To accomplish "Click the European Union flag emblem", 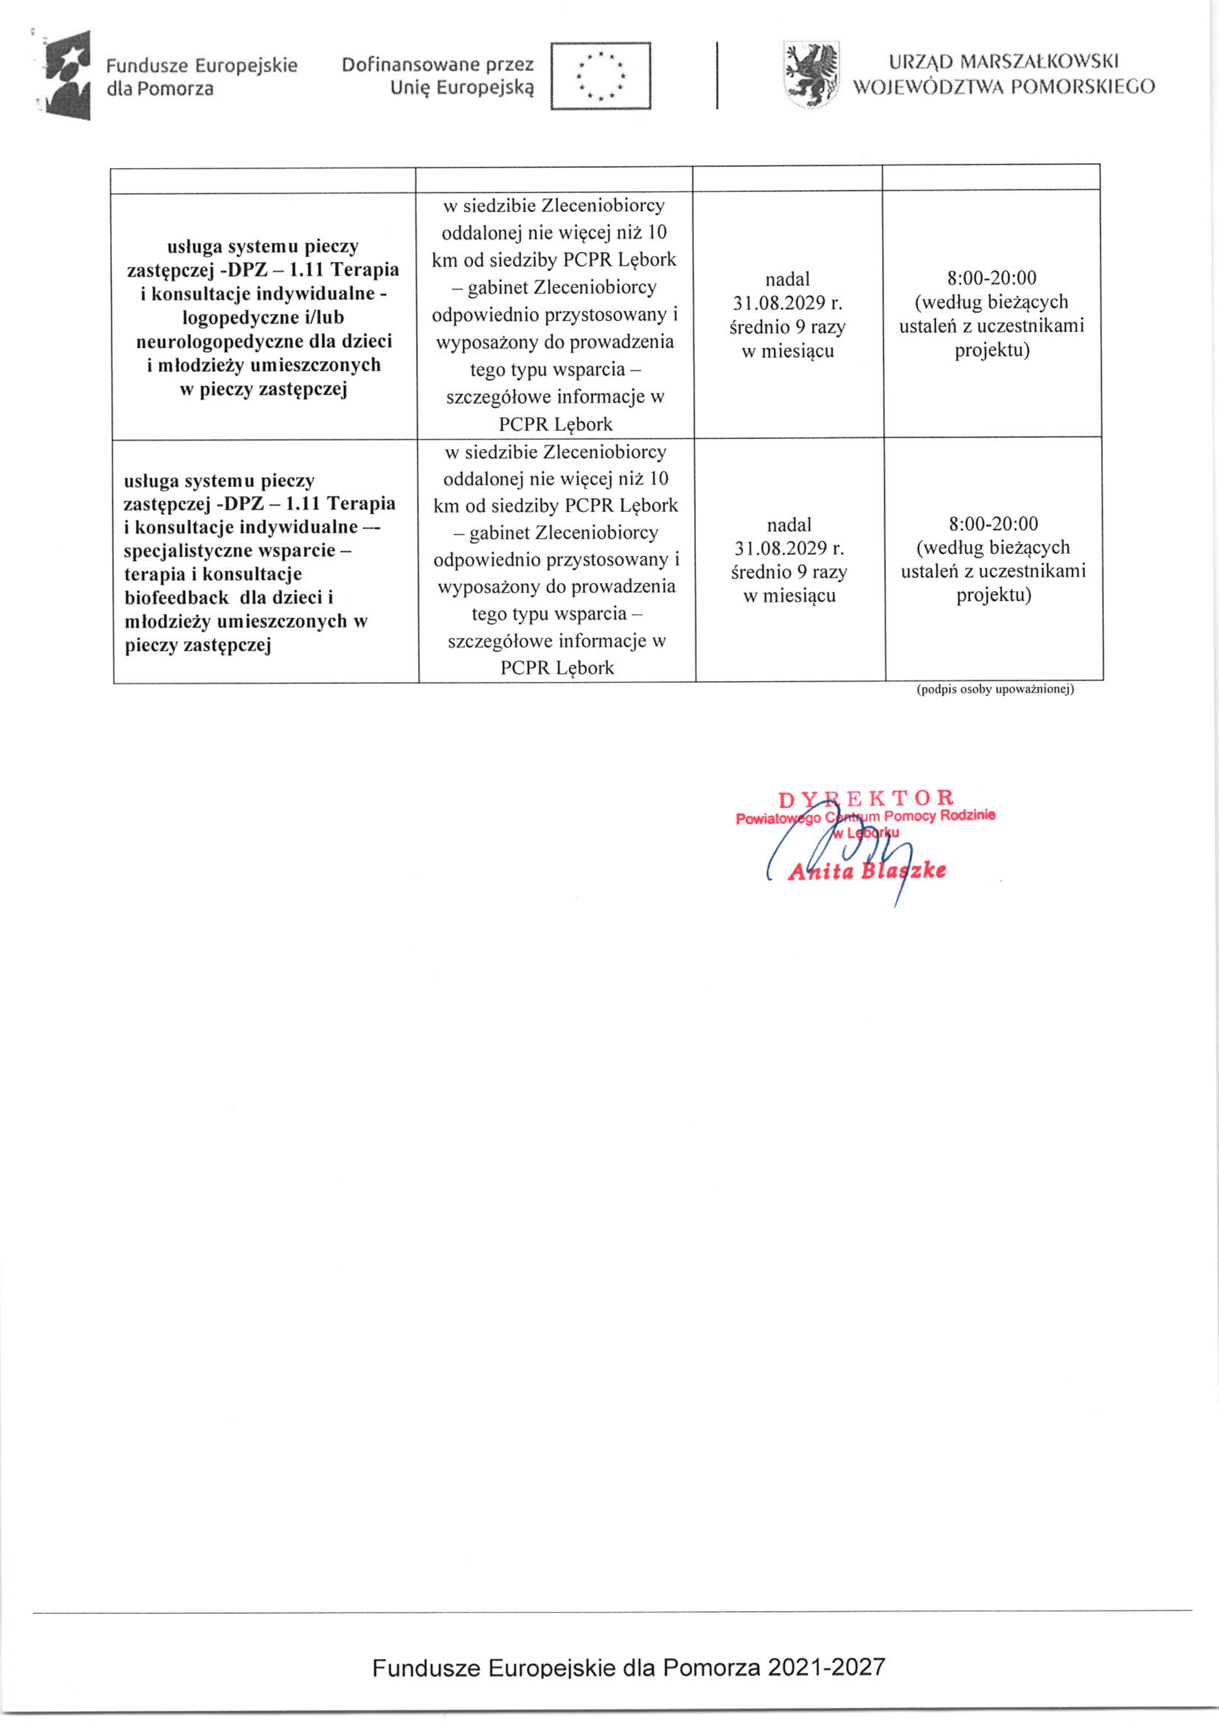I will tap(601, 76).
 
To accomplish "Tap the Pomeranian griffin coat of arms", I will tap(811, 75).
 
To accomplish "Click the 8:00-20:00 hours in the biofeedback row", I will tap(993, 524).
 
